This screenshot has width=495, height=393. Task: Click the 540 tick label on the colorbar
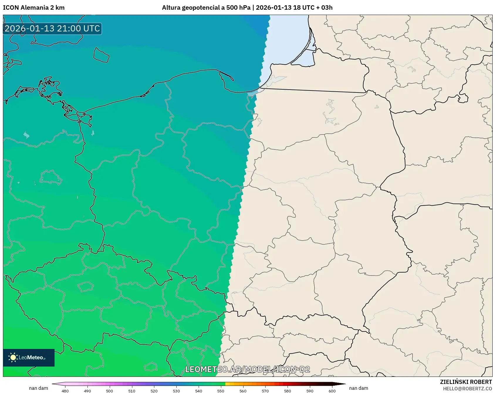coord(199,391)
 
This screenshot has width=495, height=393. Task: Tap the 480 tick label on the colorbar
coord(65,391)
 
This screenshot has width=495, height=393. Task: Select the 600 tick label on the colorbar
coord(332,391)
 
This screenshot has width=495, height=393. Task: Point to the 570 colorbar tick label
coord(265,391)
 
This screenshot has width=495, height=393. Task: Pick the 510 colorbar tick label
coord(132,391)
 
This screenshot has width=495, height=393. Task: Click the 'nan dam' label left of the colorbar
coord(38,388)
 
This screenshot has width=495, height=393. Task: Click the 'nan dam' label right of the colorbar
coord(359,388)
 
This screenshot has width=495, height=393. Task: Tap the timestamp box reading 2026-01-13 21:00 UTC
coord(52,28)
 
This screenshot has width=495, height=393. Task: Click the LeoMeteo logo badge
coord(29,357)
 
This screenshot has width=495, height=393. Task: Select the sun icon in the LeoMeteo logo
coord(13,357)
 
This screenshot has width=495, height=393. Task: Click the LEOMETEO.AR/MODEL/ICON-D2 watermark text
coord(247,369)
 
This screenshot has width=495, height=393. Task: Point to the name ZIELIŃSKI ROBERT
coord(466,382)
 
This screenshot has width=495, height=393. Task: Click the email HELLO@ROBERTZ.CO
coord(467,389)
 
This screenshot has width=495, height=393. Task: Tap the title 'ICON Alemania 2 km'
coord(34,8)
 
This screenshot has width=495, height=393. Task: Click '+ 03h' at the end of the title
coord(326,8)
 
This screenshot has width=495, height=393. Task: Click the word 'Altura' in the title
coord(171,8)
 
